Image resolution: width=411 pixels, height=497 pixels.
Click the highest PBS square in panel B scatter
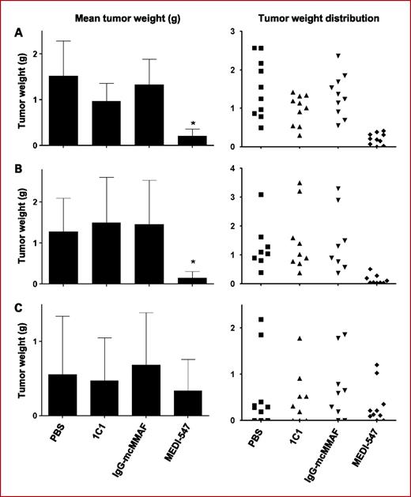[x=261, y=194]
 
